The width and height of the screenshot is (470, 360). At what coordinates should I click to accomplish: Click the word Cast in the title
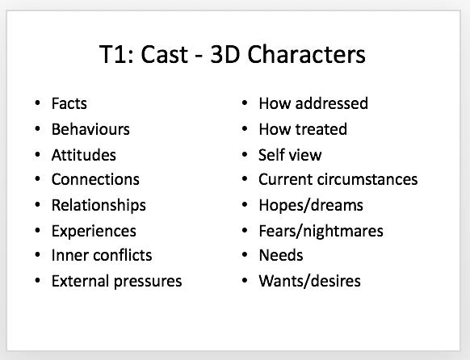click(x=165, y=54)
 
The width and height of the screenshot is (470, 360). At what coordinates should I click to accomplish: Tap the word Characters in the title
click(x=306, y=54)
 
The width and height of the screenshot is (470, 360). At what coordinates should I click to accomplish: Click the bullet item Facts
click(x=69, y=103)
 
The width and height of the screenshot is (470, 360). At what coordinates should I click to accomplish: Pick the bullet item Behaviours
click(x=90, y=129)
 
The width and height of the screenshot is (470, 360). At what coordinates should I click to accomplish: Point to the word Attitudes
click(x=84, y=155)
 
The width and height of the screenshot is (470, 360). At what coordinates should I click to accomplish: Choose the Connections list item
click(x=95, y=179)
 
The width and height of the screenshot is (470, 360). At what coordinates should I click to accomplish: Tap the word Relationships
click(x=99, y=206)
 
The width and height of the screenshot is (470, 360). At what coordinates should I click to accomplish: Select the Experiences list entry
click(x=94, y=231)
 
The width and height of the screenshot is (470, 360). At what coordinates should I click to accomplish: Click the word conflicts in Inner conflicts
click(x=122, y=255)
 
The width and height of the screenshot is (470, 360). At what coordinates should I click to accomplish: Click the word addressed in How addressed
click(x=332, y=103)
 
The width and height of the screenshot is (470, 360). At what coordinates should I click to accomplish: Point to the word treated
click(x=321, y=129)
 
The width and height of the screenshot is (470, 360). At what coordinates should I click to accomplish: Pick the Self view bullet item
click(x=290, y=155)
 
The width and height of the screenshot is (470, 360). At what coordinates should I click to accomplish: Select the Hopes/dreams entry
click(x=311, y=206)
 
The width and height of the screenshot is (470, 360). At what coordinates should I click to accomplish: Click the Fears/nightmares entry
click(x=321, y=231)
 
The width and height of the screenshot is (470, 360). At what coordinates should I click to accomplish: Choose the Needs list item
click(x=281, y=255)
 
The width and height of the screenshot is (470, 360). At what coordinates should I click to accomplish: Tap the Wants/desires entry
click(x=309, y=281)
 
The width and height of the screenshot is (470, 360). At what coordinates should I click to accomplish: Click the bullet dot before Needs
click(x=245, y=255)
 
